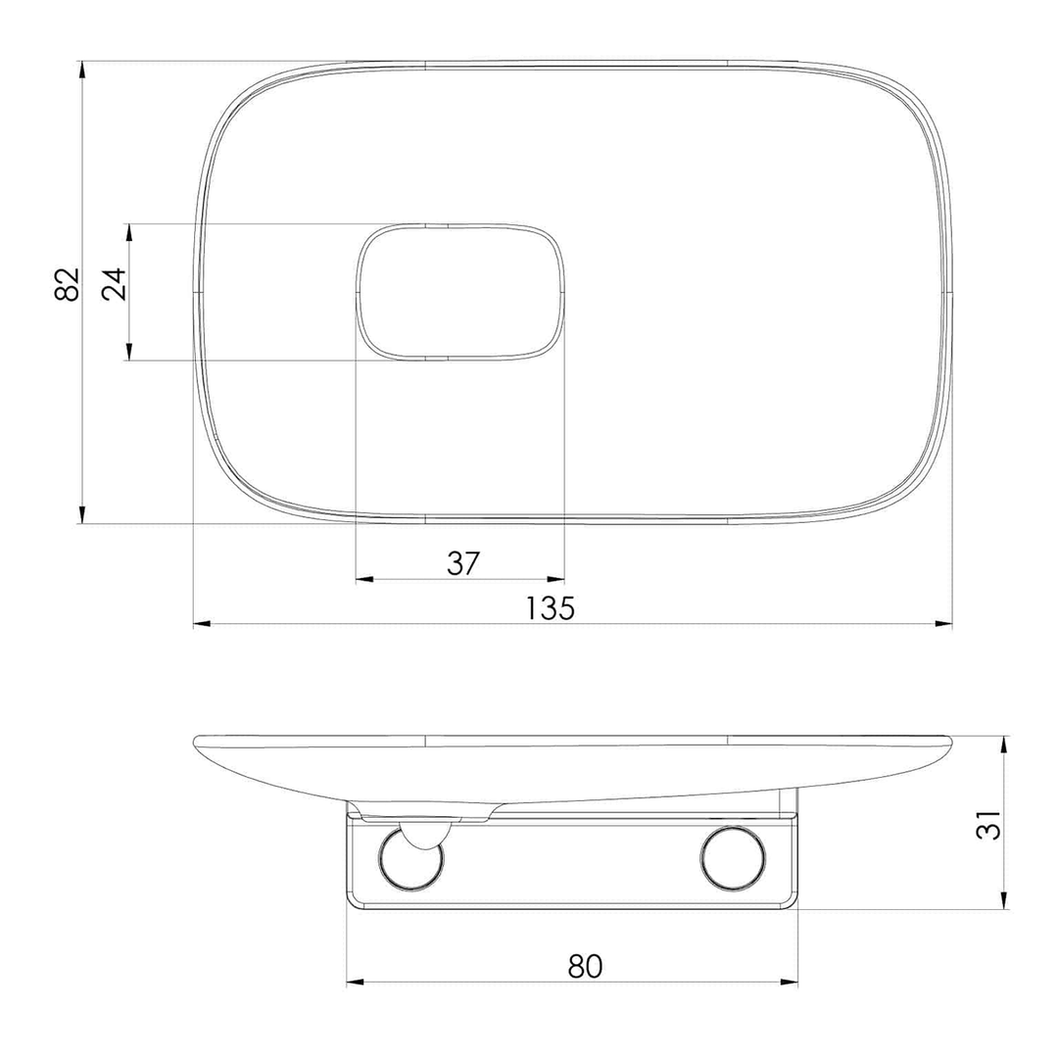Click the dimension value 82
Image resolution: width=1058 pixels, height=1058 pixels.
click(x=68, y=283)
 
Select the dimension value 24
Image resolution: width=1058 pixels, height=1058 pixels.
click(x=114, y=283)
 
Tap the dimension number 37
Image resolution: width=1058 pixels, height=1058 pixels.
click(x=462, y=562)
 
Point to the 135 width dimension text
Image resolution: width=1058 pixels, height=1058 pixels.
click(x=550, y=608)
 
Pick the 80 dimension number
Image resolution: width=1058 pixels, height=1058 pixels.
click(x=584, y=966)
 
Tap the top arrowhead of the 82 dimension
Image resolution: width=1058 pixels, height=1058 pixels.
click(x=82, y=71)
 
